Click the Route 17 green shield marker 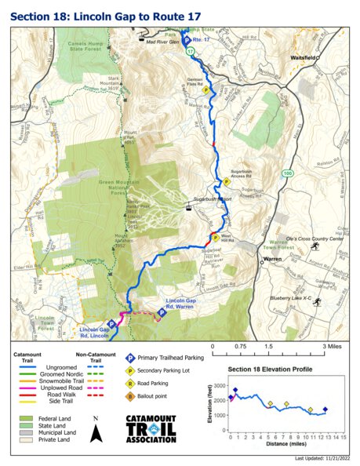pos(191,51)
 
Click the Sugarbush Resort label pos(210,211)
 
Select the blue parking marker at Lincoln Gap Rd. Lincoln pos(111,323)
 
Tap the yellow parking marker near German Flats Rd pos(205,90)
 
